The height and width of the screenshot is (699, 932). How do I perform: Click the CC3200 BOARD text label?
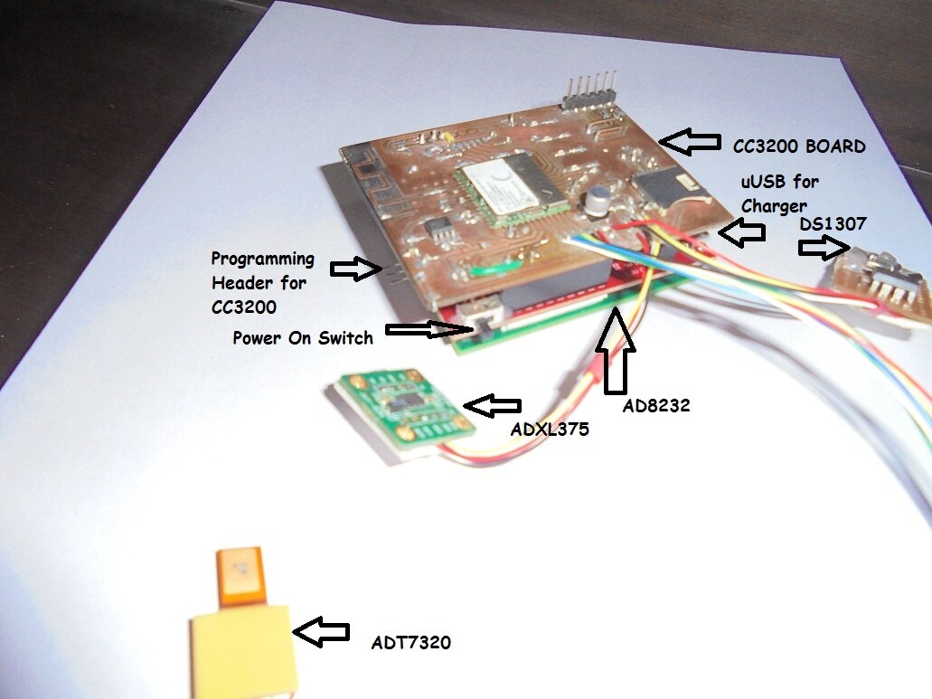point(799,145)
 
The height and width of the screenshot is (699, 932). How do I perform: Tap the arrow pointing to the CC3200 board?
point(686,140)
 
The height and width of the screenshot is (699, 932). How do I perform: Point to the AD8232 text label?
point(656,406)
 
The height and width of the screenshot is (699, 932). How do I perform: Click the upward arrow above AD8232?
point(617,352)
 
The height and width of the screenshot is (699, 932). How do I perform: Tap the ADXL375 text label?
point(550,430)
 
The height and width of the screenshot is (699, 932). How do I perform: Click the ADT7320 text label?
point(411,643)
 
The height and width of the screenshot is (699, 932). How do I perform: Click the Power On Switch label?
point(302,338)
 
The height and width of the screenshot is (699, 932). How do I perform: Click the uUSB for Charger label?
point(779,194)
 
